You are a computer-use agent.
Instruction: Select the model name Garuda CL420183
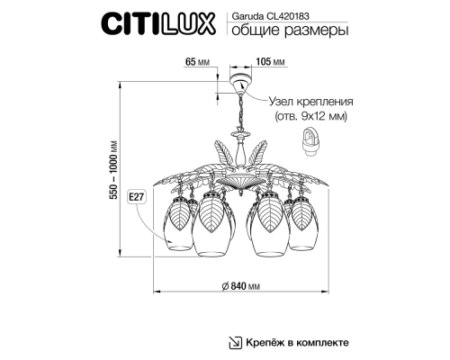268,13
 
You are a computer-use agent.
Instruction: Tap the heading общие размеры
284,31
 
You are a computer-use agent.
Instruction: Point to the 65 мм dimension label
196,62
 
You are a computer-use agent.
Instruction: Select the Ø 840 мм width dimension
240,285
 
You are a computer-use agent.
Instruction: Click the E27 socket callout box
138,195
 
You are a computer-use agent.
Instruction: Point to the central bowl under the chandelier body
238,183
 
